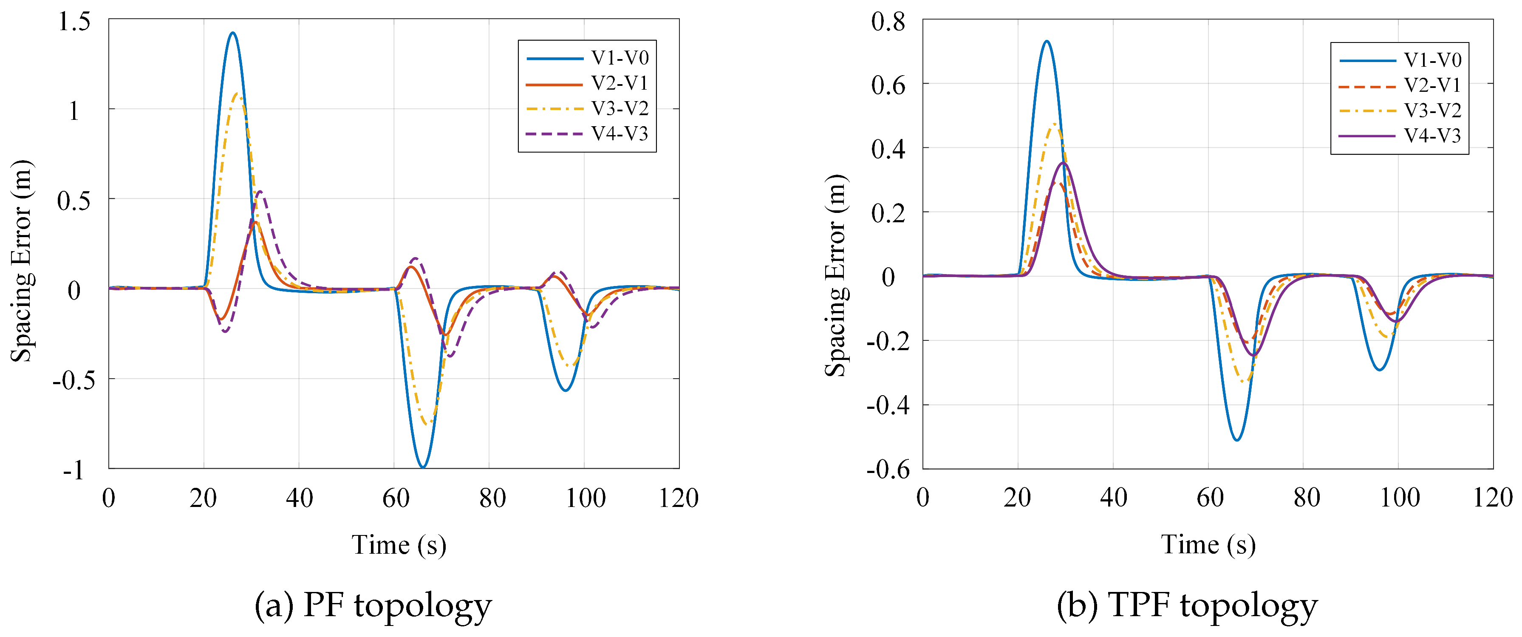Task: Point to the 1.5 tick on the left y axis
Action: click(x=74, y=22)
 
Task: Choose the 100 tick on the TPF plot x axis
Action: click(x=1399, y=498)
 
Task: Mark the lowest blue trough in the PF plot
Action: click(x=422, y=467)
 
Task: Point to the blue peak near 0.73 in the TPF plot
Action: click(x=1047, y=41)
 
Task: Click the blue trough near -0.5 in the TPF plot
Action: click(x=1236, y=440)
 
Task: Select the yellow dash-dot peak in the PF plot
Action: click(x=238, y=93)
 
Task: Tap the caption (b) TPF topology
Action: click(x=1187, y=606)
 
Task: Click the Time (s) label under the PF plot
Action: click(x=399, y=545)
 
